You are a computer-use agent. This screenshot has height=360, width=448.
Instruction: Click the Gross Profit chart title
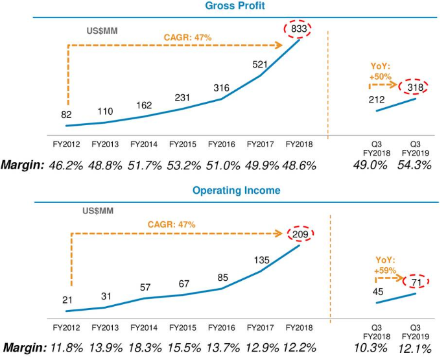[224, 6]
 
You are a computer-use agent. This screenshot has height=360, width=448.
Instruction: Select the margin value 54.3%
[415, 165]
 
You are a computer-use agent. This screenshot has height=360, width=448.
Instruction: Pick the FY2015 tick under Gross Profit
[183, 144]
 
